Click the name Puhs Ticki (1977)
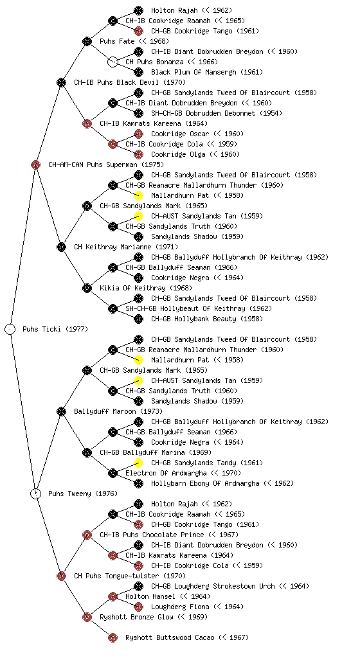pyautogui.click(x=55, y=329)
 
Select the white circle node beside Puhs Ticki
pyautogui.click(x=10, y=329)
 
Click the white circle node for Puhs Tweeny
pyautogui.click(x=36, y=493)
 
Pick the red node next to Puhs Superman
pyautogui.click(x=35, y=164)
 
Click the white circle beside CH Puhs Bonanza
pyautogui.click(x=113, y=62)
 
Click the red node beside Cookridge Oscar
pyautogui.click(x=138, y=134)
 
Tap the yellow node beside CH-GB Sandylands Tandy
pyautogui.click(x=138, y=463)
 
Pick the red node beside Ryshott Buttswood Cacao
pyautogui.click(x=113, y=637)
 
